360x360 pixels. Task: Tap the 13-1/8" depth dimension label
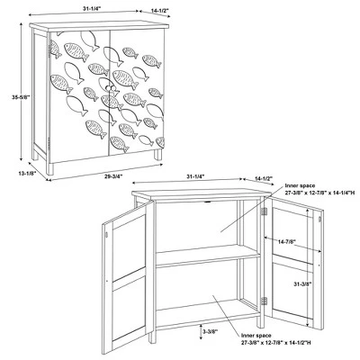27,173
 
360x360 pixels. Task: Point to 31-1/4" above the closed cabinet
92,9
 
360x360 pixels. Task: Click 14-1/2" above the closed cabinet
160,11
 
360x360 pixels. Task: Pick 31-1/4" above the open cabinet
195,176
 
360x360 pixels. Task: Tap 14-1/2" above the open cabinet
264,178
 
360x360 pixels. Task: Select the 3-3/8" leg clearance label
210,331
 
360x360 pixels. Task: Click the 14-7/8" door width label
287,241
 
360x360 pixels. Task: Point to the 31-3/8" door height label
302,283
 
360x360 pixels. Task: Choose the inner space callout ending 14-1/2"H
275,339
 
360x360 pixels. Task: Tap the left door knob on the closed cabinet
107,87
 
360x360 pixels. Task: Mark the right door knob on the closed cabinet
113,88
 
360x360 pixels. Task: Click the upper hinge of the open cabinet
264,211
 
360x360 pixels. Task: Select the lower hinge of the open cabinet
264,301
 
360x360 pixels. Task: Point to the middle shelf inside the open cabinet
208,256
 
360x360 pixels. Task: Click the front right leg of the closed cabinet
157,155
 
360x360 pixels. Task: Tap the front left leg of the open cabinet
153,337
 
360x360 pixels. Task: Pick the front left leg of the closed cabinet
49,169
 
